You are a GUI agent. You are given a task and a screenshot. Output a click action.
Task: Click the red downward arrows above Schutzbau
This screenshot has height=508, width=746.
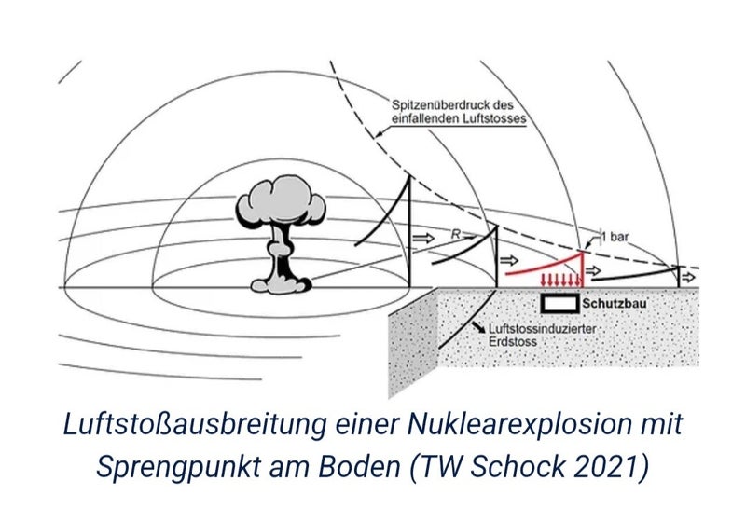560,281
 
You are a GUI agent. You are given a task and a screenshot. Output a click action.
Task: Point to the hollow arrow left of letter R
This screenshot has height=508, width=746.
424,239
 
